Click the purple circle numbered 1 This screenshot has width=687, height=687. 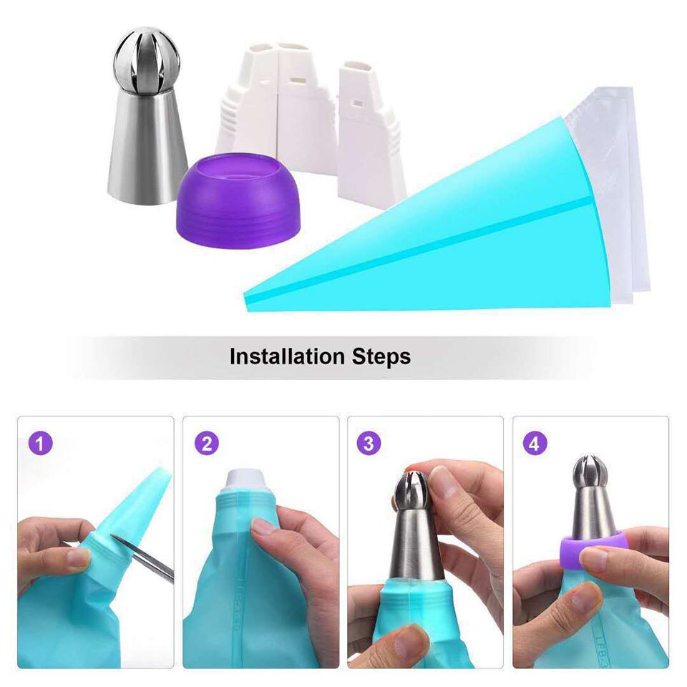point(42,444)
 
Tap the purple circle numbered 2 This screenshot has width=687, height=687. point(206,444)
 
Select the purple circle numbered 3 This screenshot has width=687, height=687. point(368,444)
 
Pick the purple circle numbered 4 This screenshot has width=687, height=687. point(534,444)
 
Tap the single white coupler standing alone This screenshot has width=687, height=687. point(371,132)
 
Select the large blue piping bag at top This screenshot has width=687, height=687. point(458,229)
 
